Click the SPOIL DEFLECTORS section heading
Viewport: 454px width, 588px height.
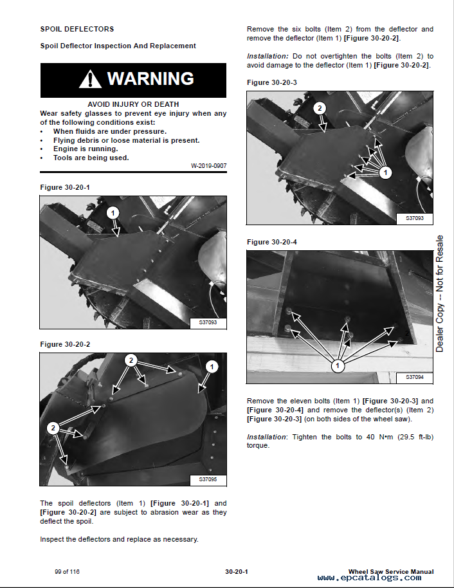(77, 29)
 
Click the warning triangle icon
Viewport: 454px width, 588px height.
(90, 79)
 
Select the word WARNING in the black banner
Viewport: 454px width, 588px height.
(150, 78)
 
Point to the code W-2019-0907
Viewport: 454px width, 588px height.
(209, 166)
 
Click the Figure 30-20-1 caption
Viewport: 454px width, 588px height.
(65, 187)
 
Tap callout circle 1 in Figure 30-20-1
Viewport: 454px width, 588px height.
(113, 213)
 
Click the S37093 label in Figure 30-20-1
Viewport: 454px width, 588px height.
(208, 322)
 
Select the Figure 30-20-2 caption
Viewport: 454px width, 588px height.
(65, 344)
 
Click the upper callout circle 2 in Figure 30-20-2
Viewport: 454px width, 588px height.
(131, 360)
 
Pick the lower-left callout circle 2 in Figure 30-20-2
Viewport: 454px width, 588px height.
(53, 428)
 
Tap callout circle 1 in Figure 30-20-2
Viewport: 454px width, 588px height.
(212, 367)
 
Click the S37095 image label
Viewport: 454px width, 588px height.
(208, 479)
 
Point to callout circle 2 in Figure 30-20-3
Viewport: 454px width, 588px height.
(320, 108)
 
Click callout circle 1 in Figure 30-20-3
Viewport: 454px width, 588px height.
(385, 172)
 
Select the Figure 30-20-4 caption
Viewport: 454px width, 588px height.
(272, 243)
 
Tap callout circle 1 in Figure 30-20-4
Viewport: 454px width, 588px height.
(338, 365)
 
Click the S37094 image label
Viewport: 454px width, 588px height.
(415, 377)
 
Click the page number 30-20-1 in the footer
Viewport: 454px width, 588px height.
(237, 572)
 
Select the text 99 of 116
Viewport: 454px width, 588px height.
(67, 572)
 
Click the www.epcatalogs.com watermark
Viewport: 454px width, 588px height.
(369, 578)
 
